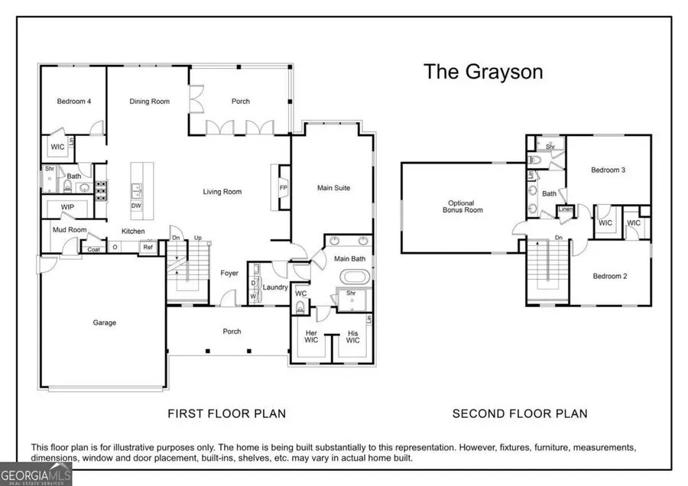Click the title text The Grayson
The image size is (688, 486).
tap(483, 72)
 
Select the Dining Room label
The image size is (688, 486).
tap(149, 102)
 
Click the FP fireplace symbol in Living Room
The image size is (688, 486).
tap(283, 187)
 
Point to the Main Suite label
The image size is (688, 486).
tap(333, 187)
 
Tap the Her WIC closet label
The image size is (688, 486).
tap(311, 336)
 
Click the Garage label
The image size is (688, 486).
tap(104, 322)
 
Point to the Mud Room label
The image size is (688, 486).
tap(69, 229)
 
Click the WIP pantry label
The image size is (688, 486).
tap(67, 207)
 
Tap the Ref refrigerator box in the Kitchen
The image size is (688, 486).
tap(147, 247)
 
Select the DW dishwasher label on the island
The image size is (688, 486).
tap(136, 206)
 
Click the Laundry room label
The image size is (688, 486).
tap(274, 288)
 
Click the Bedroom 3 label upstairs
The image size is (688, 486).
tap(608, 170)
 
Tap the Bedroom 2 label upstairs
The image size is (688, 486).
tap(609, 276)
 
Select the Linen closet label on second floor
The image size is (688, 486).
tap(566, 210)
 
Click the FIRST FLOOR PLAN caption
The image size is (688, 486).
tap(226, 413)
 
